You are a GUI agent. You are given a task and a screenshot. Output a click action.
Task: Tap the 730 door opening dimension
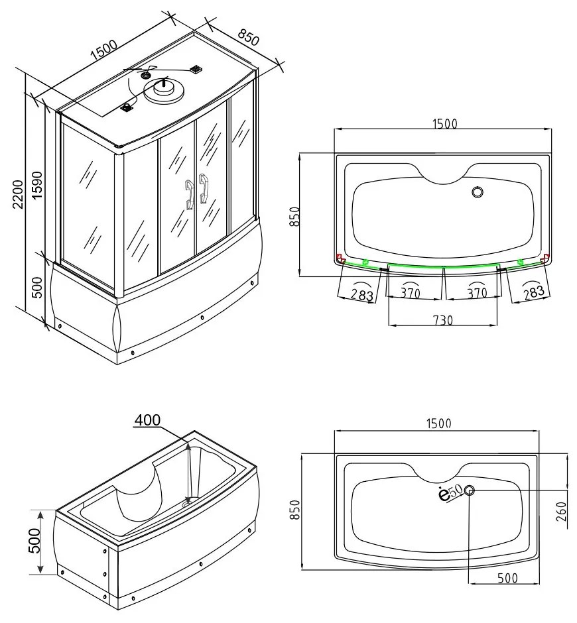[442, 319]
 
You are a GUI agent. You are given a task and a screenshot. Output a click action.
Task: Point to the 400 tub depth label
[147, 421]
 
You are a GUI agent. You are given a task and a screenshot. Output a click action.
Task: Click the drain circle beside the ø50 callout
[470, 490]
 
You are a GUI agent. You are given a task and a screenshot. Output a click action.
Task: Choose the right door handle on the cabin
[204, 189]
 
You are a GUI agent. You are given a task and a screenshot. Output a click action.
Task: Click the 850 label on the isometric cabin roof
[247, 38]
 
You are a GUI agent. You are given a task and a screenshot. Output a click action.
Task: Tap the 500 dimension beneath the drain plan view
[507, 578]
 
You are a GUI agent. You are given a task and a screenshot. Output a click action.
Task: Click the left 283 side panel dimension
[361, 294]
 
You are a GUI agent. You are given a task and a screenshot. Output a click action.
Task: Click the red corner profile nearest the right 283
[545, 258]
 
